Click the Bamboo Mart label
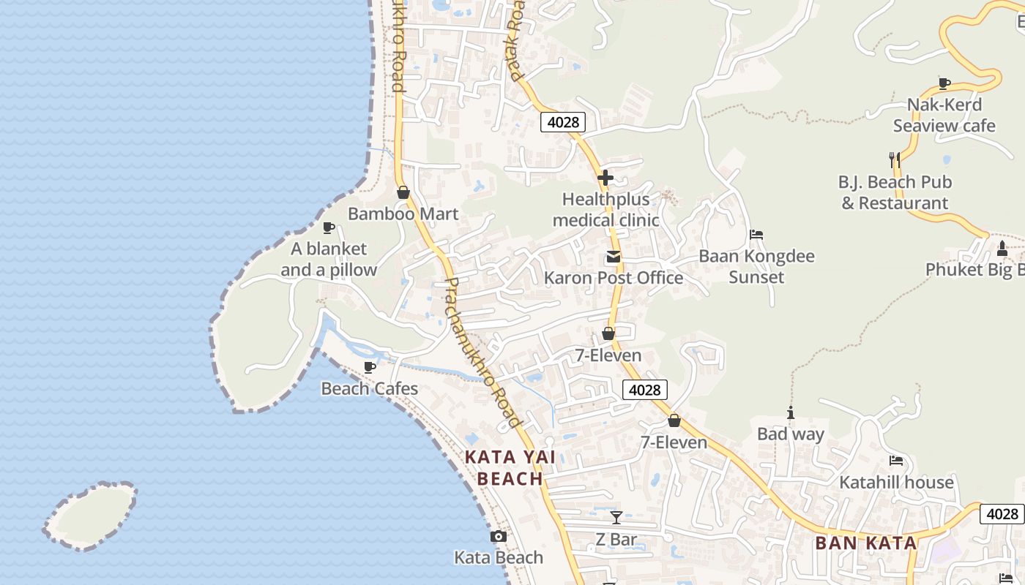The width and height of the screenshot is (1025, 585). tap(403, 214)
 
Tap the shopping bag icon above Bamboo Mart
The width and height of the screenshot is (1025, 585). tap(403, 192)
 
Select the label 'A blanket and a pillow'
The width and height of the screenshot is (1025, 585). tap(329, 260)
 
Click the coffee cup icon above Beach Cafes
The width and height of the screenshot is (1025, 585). tap(370, 367)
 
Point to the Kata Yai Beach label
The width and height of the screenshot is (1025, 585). tap(510, 468)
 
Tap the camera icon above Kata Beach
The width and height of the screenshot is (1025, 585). tap(499, 537)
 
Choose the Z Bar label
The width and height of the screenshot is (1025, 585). tap(616, 540)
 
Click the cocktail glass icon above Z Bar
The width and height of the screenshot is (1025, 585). tap(616, 518)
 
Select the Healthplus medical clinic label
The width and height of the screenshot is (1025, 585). tap(605, 210)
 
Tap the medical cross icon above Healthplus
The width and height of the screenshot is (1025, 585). tap(605, 178)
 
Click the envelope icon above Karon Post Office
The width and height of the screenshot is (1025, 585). tap(614, 257)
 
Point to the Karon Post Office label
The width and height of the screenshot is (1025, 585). tap(614, 278)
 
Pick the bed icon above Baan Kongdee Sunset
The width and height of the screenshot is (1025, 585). tap(756, 235)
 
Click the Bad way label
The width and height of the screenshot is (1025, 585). tap(791, 434)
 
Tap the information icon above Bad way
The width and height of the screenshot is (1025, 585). tap(791, 413)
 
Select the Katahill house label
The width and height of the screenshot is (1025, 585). tap(896, 482)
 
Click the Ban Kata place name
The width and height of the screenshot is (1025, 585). tap(866, 543)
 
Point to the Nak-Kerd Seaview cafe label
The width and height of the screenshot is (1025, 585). tap(944, 115)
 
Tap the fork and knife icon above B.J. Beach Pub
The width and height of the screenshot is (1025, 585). tap(894, 159)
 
